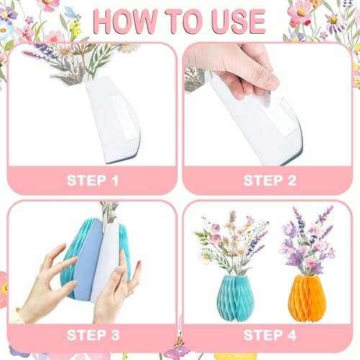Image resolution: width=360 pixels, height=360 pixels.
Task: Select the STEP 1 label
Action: tap(93, 181)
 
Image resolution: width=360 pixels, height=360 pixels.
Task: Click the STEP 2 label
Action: tap(270, 181)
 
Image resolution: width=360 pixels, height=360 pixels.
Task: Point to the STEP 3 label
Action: tap(93, 335)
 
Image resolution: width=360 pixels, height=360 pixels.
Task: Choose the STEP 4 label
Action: tap(270, 335)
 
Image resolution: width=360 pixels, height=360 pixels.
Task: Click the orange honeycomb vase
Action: tap(307, 298)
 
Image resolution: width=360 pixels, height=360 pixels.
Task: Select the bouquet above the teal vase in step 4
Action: tap(232, 243)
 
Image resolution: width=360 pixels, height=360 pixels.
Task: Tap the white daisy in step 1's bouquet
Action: tap(64, 51)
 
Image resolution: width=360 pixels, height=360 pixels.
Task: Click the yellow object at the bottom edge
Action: tap(235, 356)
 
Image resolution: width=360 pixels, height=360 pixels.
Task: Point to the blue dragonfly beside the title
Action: tap(71, 12)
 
